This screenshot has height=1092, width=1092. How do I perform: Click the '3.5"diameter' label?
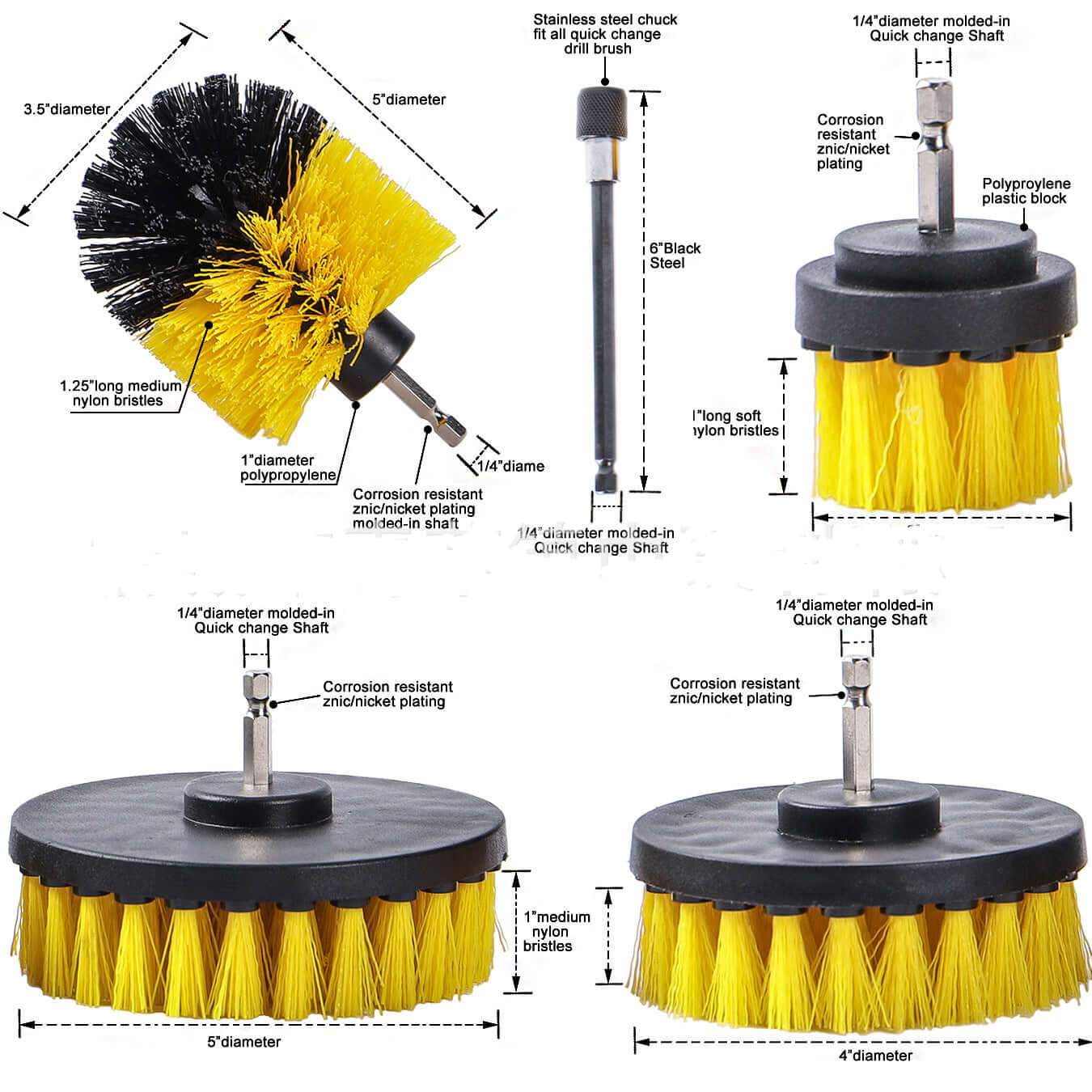(x=67, y=109)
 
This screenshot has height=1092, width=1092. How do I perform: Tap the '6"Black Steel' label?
(x=675, y=256)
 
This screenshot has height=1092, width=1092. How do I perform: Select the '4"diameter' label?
(x=875, y=1056)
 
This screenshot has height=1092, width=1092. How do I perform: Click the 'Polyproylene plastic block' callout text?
(x=1025, y=192)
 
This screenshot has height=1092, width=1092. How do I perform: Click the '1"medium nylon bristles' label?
(x=557, y=931)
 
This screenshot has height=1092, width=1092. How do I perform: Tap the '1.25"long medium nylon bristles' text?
(x=121, y=393)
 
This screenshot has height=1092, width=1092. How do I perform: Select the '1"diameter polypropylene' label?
(x=288, y=468)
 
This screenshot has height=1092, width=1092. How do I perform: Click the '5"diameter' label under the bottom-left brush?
(x=243, y=1042)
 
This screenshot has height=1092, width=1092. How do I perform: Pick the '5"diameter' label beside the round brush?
(x=408, y=99)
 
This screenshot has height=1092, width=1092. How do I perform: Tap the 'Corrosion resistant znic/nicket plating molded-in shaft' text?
(x=417, y=508)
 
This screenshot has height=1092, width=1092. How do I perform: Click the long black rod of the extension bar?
(x=603, y=324)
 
